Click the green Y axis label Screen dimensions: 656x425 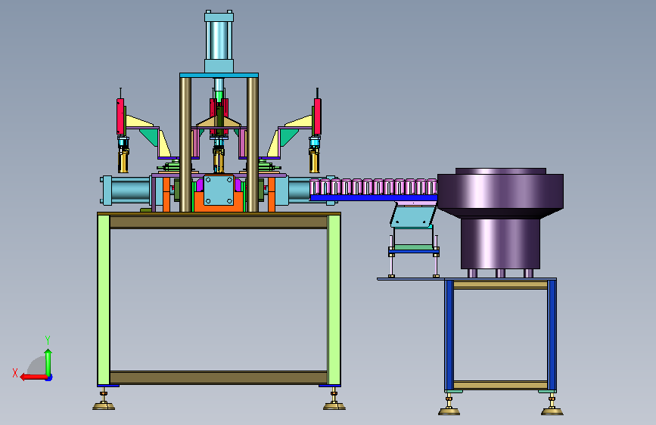[x=48, y=340]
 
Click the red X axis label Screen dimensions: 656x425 [x=15, y=373]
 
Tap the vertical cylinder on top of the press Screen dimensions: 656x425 [x=219, y=41]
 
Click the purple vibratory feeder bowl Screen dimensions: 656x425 [x=500, y=192]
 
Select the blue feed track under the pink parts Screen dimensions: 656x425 [x=374, y=197]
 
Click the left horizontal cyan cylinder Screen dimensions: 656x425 [x=126, y=191]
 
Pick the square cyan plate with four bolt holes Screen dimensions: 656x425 [x=219, y=190]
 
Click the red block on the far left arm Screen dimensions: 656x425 [x=120, y=116]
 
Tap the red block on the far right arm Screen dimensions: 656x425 [x=318, y=116]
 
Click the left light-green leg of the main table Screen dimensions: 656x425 [x=104, y=299]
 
